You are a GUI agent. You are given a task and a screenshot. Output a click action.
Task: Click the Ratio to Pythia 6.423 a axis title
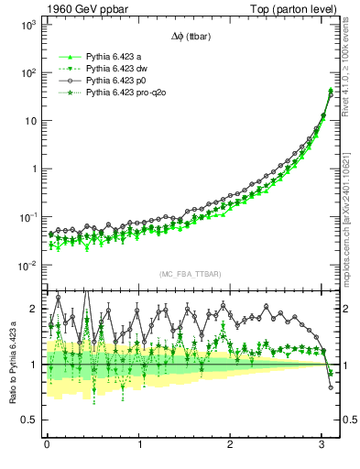[12, 362]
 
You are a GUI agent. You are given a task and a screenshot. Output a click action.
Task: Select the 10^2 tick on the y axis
[27, 72]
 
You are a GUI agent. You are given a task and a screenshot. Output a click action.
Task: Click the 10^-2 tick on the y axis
[27, 266]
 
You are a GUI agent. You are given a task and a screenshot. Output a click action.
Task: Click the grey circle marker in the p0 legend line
[64, 81]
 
